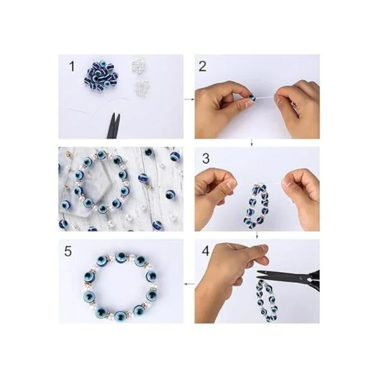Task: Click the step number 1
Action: [x=72, y=66]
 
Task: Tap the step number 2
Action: [x=202, y=66]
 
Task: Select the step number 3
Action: [x=205, y=159]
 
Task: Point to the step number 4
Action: [x=205, y=251]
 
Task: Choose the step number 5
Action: [x=68, y=251]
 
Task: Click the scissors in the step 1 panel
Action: [x=113, y=126]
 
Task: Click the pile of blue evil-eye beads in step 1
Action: [x=101, y=73]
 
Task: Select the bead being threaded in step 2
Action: [x=252, y=98]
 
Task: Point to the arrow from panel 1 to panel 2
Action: [x=189, y=99]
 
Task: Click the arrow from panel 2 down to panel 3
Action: [x=251, y=143]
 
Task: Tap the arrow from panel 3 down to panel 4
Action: [x=257, y=235]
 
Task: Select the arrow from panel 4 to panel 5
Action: [x=189, y=284]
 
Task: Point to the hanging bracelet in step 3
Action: [x=257, y=205]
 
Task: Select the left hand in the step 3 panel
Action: [x=215, y=193]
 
